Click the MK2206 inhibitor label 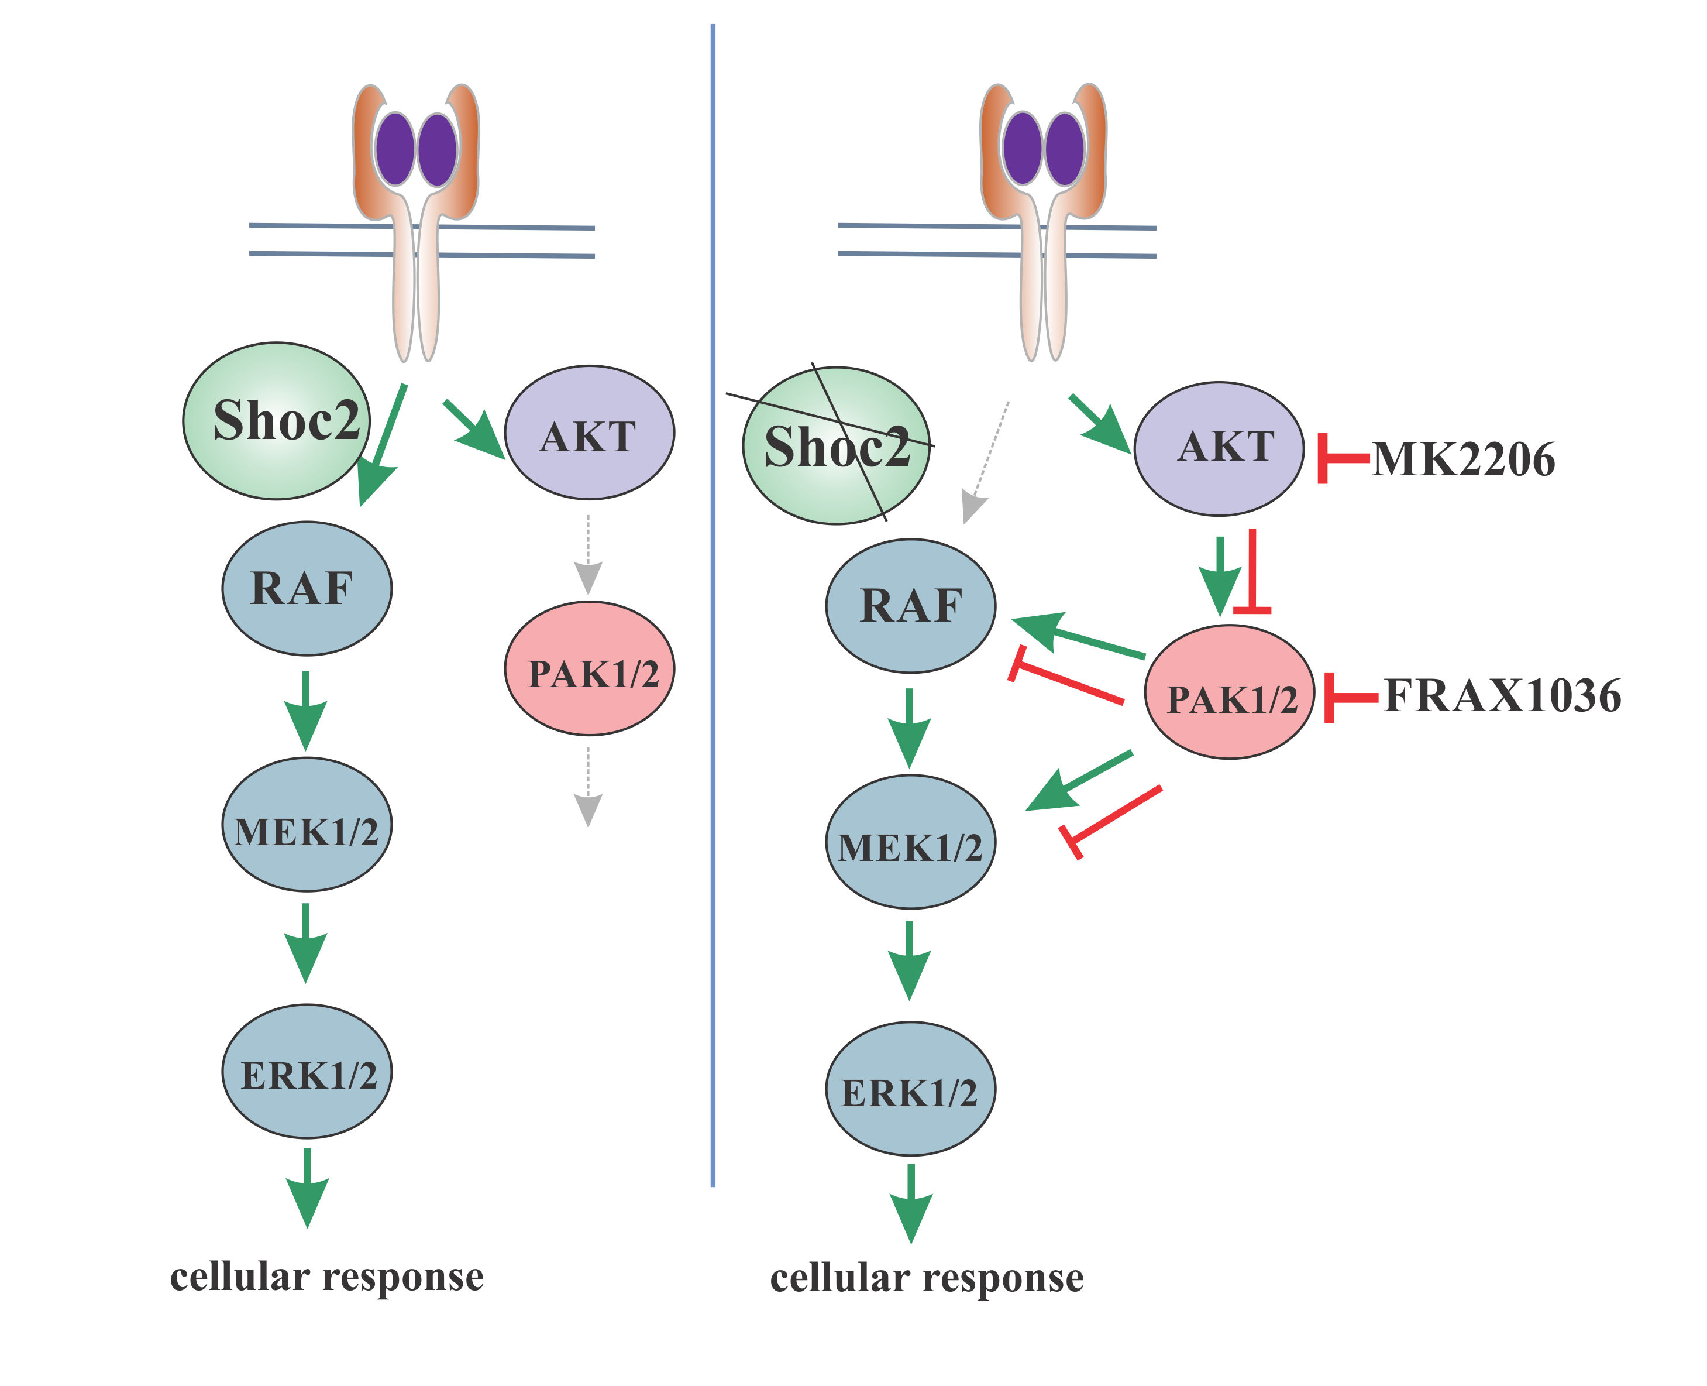click(1463, 460)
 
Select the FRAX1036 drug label click(1502, 695)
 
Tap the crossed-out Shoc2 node click(835, 445)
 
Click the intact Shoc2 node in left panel click(277, 421)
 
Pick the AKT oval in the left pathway click(589, 433)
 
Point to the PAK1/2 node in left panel click(589, 668)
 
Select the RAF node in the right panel click(911, 606)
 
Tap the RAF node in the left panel click(307, 588)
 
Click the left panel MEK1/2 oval click(307, 824)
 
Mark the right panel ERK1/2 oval click(911, 1088)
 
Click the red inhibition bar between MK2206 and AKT click(1341, 458)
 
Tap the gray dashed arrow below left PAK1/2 click(588, 787)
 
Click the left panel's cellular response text click(326, 1276)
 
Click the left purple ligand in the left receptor click(395, 150)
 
